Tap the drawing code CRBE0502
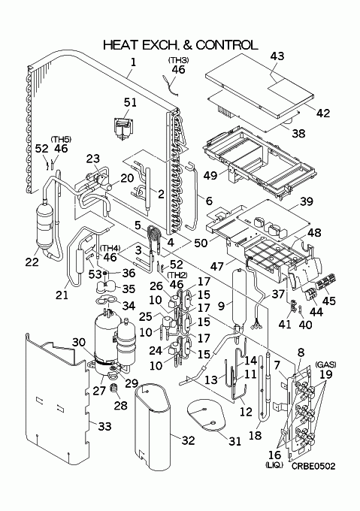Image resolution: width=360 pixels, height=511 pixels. (313, 467)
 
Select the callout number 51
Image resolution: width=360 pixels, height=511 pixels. (130, 102)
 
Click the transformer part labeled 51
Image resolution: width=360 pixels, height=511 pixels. (123, 129)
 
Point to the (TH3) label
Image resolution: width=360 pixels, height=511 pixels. (179, 60)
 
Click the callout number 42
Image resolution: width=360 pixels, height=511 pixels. (323, 113)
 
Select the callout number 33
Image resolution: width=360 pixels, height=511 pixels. (104, 426)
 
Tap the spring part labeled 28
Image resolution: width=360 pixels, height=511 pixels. (113, 389)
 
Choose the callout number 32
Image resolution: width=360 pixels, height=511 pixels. (188, 440)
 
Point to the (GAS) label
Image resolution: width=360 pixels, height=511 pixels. (325, 364)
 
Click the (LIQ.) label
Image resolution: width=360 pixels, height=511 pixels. (274, 465)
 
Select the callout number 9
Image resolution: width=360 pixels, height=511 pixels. (221, 306)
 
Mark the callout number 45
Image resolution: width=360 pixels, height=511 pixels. (328, 300)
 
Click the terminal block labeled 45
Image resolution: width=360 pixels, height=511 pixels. (327, 280)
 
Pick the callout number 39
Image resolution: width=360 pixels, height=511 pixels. (306, 201)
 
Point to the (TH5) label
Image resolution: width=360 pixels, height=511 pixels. (61, 140)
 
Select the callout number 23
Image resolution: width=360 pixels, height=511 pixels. (93, 159)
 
